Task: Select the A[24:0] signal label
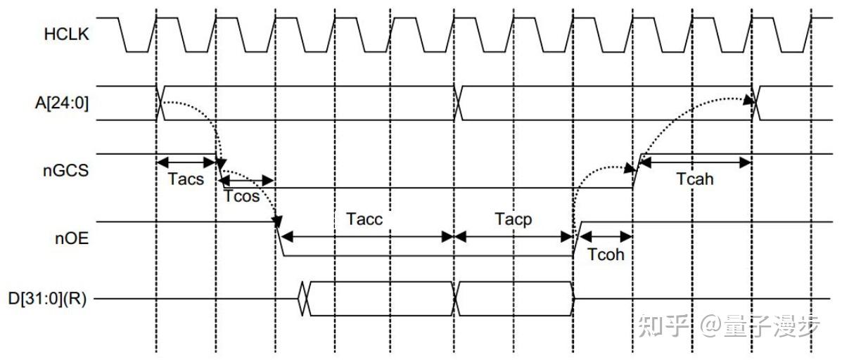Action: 65,104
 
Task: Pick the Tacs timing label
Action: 186,179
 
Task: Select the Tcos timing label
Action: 242,196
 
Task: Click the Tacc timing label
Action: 364,219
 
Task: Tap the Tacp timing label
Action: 513,219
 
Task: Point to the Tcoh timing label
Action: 605,254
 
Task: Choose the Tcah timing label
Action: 695,179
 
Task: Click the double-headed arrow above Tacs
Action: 186,161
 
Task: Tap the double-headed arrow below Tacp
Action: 514,236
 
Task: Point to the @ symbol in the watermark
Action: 712,325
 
